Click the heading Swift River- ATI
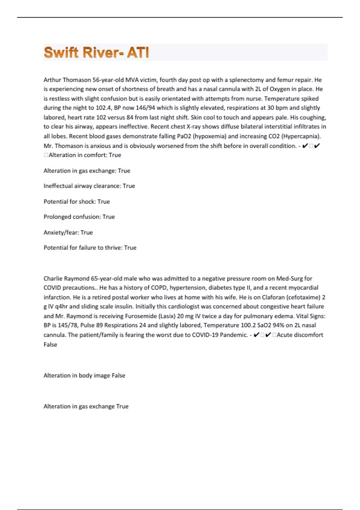[x=96, y=52]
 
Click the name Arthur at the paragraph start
[x=52, y=80]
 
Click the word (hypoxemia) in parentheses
[x=209, y=136]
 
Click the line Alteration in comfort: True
[x=85, y=155]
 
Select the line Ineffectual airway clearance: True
[x=89, y=186]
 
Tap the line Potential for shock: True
[x=76, y=202]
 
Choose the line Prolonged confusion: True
[x=79, y=217]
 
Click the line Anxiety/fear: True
[x=68, y=232]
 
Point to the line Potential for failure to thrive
[x=90, y=248]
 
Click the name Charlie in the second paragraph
[x=53, y=278]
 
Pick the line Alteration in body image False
[x=84, y=376]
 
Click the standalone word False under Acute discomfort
[x=50, y=345]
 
